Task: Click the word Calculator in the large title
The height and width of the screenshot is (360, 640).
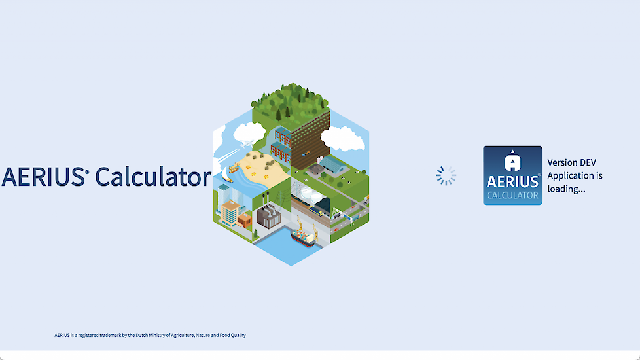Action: tap(153, 176)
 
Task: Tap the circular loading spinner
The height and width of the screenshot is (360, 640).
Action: tap(446, 176)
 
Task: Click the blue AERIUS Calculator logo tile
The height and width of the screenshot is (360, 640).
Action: tap(512, 175)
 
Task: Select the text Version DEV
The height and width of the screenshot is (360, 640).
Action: tap(571, 162)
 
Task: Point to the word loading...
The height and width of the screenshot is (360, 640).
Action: tap(566, 189)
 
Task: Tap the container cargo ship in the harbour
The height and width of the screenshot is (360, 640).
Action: tap(303, 238)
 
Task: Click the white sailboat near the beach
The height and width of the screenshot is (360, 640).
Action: tap(226, 175)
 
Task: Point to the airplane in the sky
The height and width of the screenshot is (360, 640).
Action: tap(247, 143)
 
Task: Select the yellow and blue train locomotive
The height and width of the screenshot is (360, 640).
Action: tap(315, 211)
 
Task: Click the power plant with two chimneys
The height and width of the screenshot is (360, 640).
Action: tap(268, 214)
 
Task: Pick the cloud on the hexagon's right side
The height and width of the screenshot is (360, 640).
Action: tap(343, 139)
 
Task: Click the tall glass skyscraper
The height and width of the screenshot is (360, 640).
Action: tap(224, 195)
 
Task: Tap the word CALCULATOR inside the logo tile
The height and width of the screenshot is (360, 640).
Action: tap(512, 196)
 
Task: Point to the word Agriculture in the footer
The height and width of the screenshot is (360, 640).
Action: tap(183, 336)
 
